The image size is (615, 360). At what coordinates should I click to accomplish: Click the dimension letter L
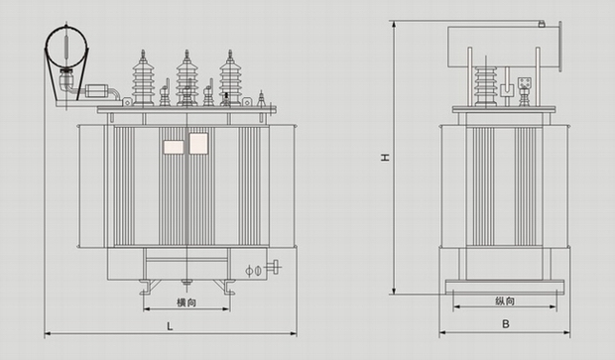coord(170,326)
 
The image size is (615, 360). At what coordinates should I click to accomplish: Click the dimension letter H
coord(386,158)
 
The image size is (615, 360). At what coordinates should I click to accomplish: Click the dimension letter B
coord(506,324)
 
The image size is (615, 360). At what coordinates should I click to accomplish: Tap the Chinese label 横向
coord(186,302)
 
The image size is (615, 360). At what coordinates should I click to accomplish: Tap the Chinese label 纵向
coord(505,301)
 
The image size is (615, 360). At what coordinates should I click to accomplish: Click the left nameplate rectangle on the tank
coord(174,147)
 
